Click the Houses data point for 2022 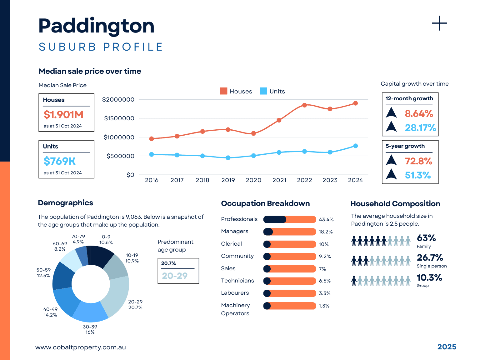304,105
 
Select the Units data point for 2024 355,146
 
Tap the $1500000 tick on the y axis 119,118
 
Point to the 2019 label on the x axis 228,180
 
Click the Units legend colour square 263,91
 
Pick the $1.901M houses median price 63,115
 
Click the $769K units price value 60,161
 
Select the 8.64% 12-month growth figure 419,113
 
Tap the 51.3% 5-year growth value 417,175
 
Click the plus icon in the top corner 439,23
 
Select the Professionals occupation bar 289,219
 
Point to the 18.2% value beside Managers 326,232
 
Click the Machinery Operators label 235,309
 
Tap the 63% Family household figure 426,238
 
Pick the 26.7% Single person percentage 430,258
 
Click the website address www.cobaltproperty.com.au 81,347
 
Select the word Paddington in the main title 96,26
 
